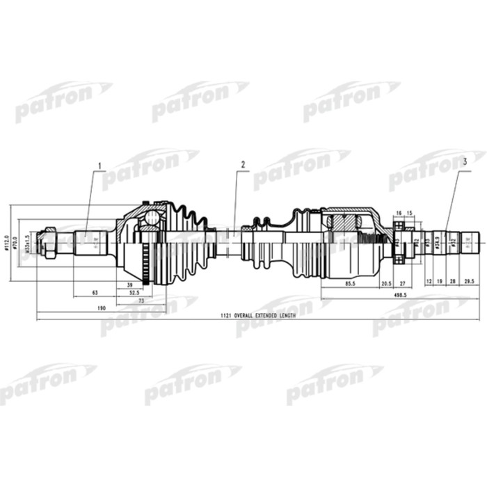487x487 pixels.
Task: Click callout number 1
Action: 99,166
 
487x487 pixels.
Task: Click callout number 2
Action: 243,165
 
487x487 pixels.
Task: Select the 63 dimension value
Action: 94,292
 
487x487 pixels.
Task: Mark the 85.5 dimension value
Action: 350,285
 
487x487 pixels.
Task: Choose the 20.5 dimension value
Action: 386,285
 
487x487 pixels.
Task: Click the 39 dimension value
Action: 130,285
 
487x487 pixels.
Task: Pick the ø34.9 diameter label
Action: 436,243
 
